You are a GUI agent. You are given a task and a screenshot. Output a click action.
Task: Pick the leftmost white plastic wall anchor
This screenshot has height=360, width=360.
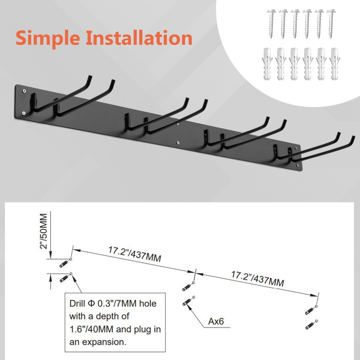pyautogui.click(x=267, y=64)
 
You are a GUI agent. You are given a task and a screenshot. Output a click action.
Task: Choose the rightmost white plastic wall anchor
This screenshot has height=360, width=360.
pyautogui.click(x=334, y=64)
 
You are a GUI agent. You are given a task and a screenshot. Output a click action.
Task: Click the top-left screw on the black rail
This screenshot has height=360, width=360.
pyautogui.click(x=24, y=91)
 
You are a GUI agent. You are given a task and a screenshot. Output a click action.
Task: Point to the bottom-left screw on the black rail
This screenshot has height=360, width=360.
pyautogui.click(x=23, y=113)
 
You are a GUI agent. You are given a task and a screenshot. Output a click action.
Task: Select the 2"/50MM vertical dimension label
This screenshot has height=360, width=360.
pyautogui.click(x=43, y=231)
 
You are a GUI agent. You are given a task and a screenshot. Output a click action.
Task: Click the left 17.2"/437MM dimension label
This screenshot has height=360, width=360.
pyautogui.click(x=134, y=254)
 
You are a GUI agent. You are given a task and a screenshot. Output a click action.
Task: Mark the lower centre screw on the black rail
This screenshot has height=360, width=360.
pyautogui.click(x=178, y=143)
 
